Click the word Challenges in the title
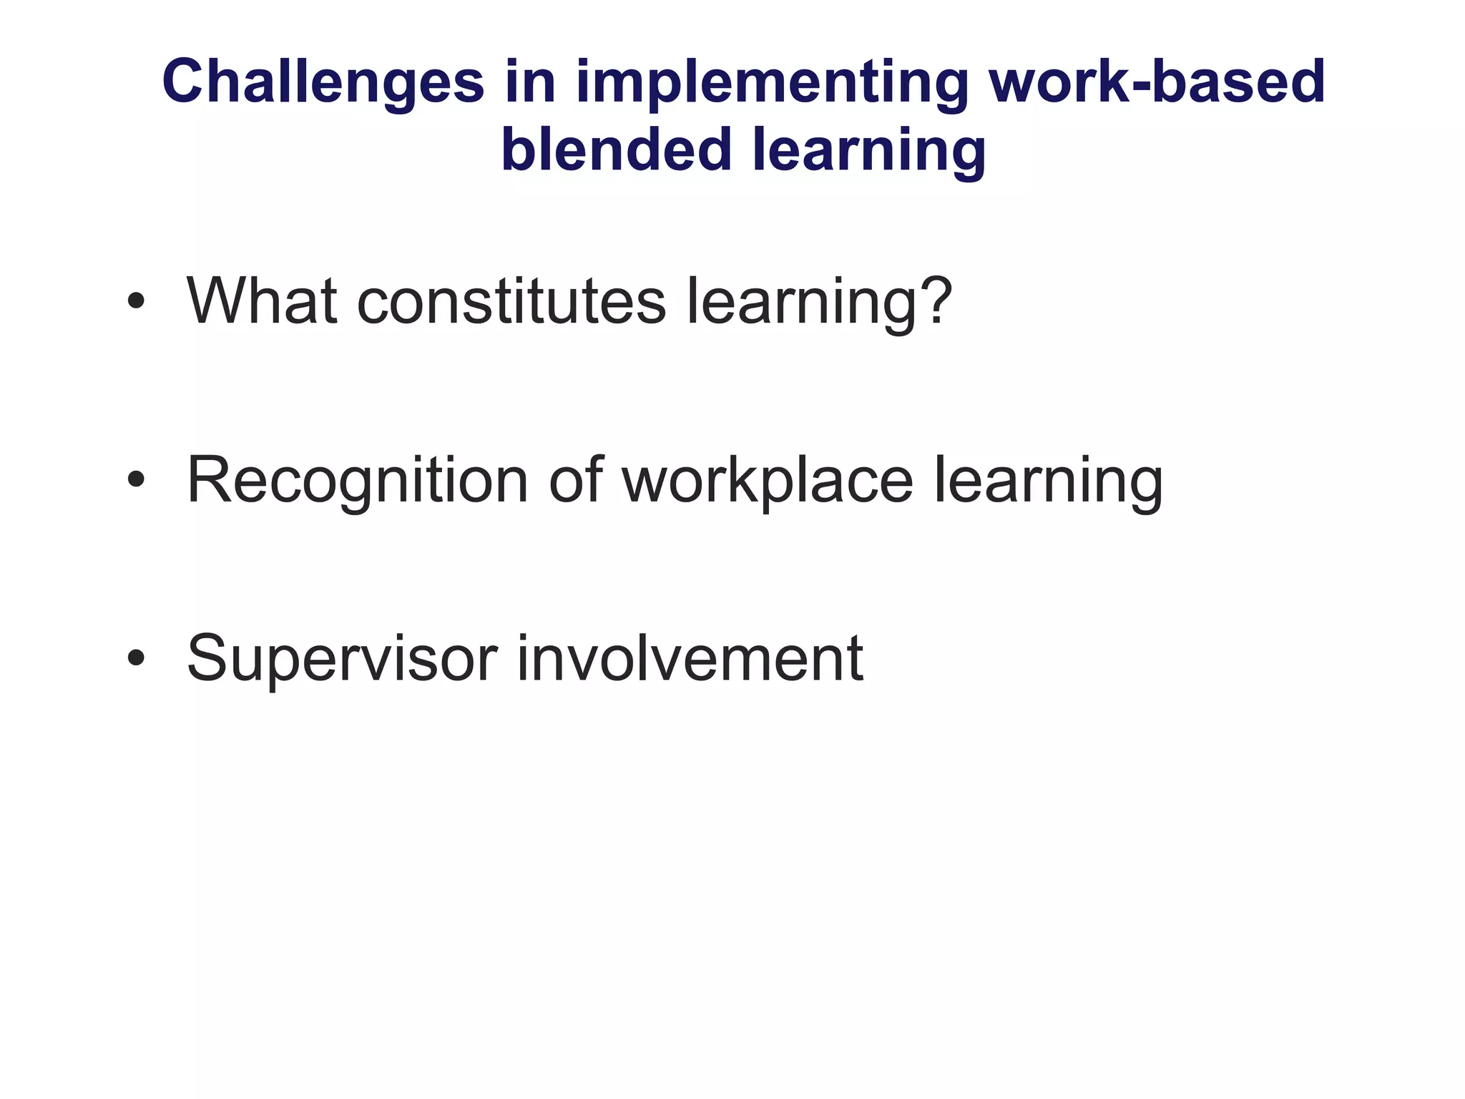click(x=323, y=82)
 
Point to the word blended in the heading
click(x=615, y=150)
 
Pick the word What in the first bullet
click(x=261, y=301)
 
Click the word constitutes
click(x=511, y=301)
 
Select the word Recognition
click(x=357, y=481)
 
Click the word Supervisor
click(x=341, y=659)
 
